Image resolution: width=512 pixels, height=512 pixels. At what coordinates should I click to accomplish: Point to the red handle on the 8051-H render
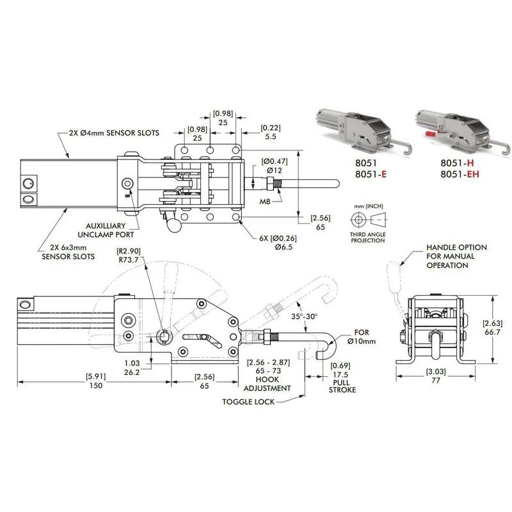pyautogui.click(x=430, y=136)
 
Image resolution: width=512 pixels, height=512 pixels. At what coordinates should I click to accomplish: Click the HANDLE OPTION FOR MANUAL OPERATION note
pyautogui.click(x=457, y=256)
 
